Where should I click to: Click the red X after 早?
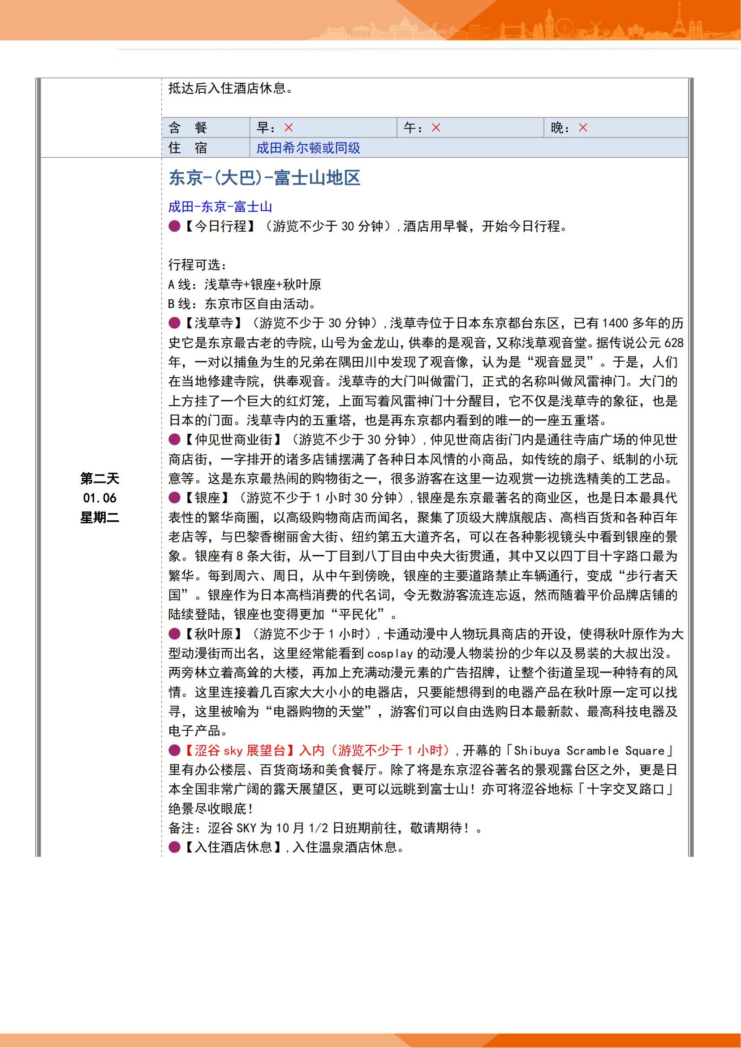point(289,128)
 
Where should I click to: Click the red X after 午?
point(436,128)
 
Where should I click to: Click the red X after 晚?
point(583,128)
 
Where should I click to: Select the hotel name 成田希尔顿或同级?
point(308,148)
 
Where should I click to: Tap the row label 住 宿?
point(188,148)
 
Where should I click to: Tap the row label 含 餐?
point(188,128)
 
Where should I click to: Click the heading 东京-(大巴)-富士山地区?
point(265,178)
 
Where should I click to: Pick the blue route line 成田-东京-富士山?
point(220,207)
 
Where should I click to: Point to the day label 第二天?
point(99,479)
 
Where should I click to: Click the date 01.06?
point(99,498)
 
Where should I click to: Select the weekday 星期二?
point(99,518)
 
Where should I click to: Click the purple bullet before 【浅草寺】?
point(174,323)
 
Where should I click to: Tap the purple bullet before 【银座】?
point(174,497)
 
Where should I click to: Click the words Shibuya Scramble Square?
point(589,751)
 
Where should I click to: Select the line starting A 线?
point(245,285)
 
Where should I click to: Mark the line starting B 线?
point(242,304)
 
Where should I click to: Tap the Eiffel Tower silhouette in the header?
point(679,21)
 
